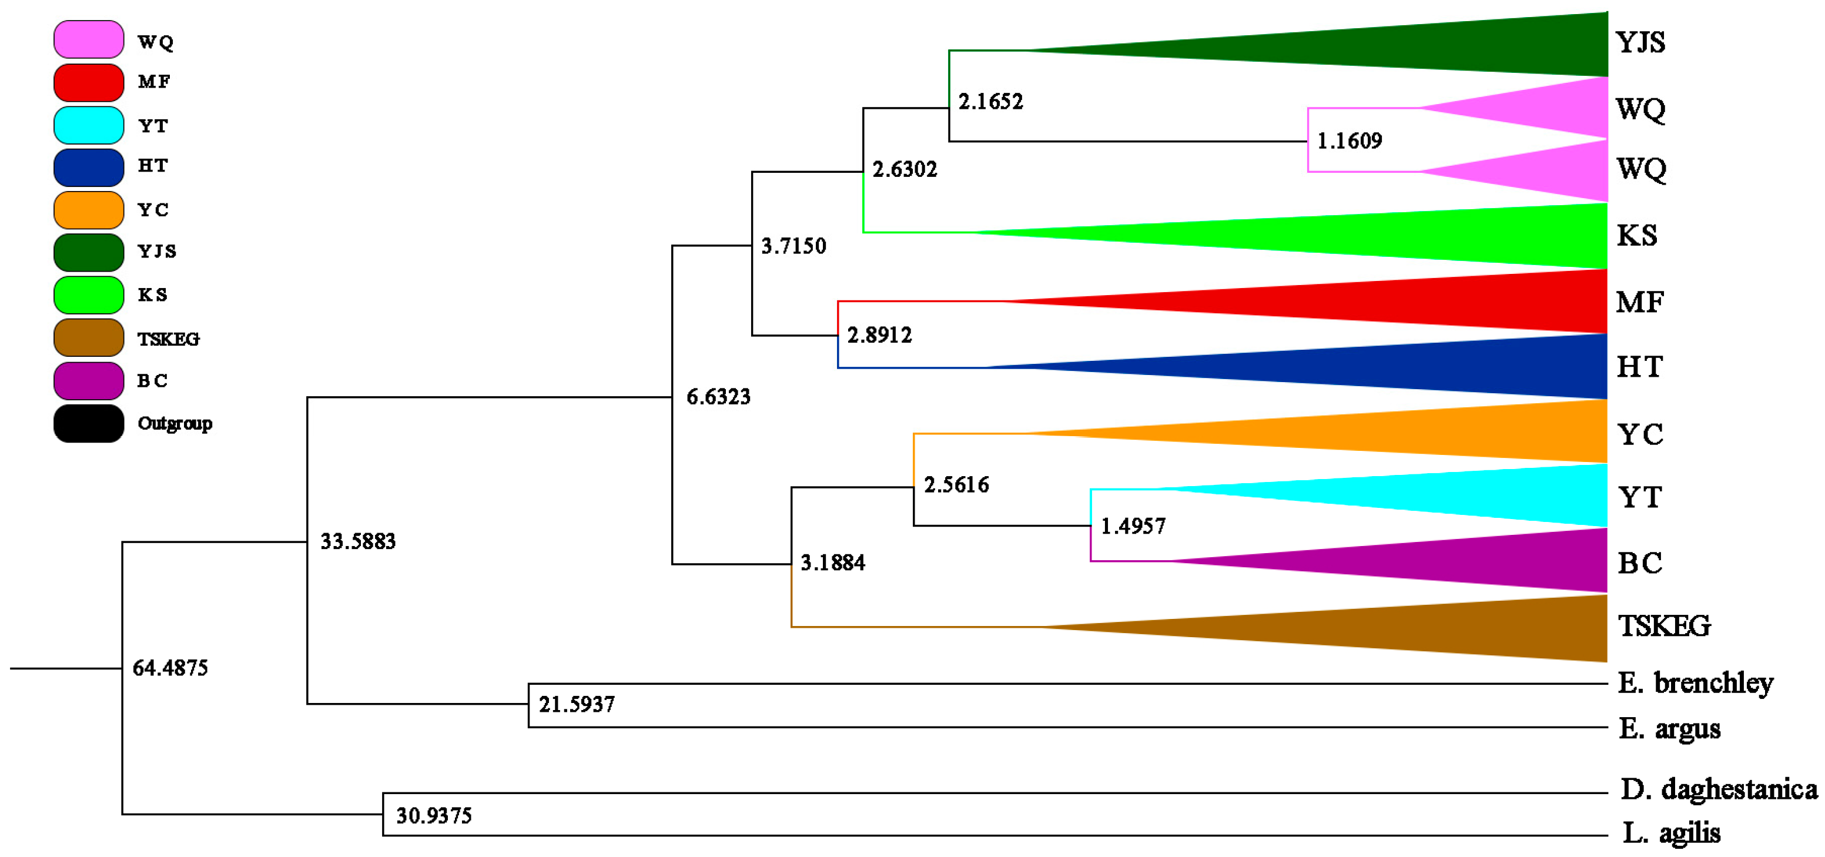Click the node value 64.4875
click(170, 668)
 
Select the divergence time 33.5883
click(358, 542)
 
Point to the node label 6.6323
click(718, 397)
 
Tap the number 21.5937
click(576, 705)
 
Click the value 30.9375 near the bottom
click(434, 816)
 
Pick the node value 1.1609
click(1349, 141)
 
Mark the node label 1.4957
click(1132, 526)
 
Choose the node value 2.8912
click(879, 335)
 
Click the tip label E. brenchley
click(1695, 684)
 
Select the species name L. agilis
click(1671, 833)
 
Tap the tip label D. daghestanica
click(1719, 789)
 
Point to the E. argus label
click(1669, 728)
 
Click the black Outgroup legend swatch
click(89, 424)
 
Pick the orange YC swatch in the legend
click(89, 210)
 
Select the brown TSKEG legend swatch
click(89, 338)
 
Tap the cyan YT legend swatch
click(89, 125)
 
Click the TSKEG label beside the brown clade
click(1663, 626)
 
